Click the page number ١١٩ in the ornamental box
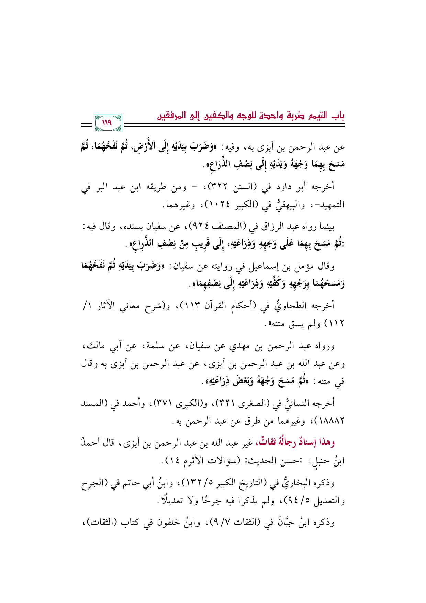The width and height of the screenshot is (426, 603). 107,123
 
